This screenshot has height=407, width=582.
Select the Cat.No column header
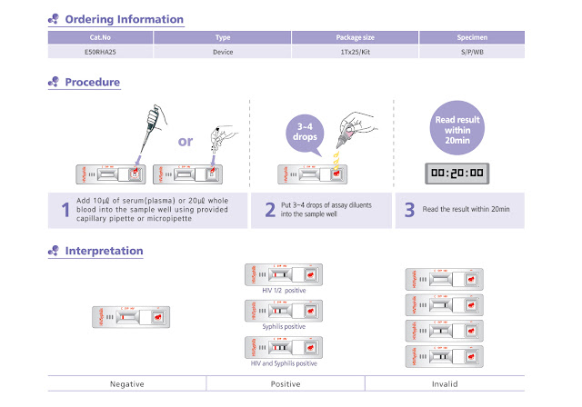[x=100, y=38]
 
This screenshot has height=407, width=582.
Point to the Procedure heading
[x=92, y=83]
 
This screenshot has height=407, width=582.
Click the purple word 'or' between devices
[x=186, y=142]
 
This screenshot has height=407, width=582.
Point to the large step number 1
[x=65, y=211]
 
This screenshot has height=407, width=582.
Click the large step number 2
[x=270, y=211]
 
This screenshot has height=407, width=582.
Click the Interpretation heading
[x=104, y=251]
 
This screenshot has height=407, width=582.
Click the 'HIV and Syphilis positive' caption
[x=284, y=362]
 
